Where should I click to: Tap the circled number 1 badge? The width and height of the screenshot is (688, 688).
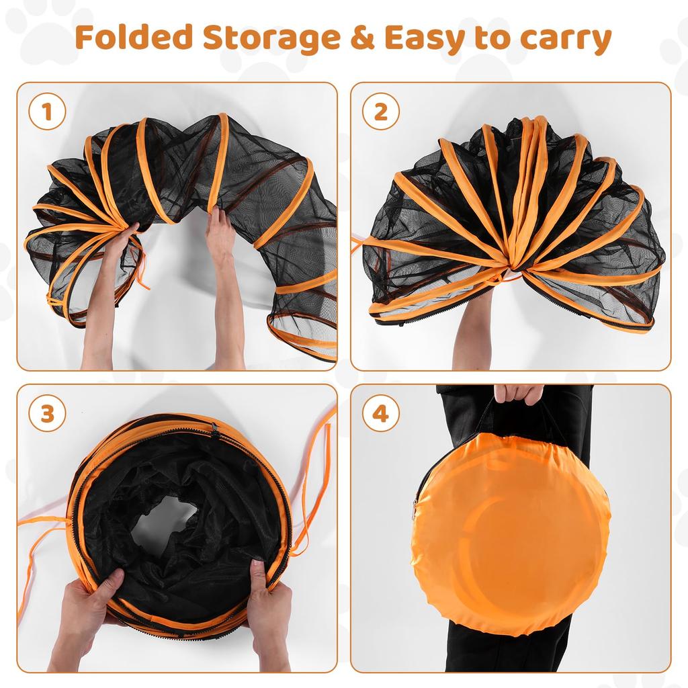coord(47,112)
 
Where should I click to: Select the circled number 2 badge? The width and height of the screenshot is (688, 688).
coord(381,112)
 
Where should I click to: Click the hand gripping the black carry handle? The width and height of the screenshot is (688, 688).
coord(517,393)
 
